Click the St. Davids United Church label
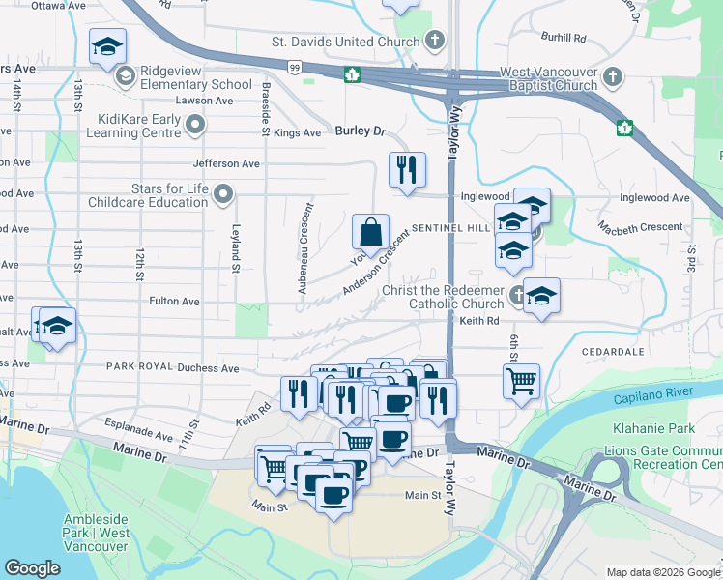pos(345,42)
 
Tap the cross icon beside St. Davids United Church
pos(435,41)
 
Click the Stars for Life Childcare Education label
pos(148,195)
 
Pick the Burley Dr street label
pos(361,130)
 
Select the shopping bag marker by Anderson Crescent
pos(370,232)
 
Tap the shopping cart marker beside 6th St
pos(521,380)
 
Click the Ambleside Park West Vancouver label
pos(97,533)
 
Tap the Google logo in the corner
pos(32,568)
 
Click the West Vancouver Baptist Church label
pos(548,79)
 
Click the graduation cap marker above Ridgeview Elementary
pos(107,44)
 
